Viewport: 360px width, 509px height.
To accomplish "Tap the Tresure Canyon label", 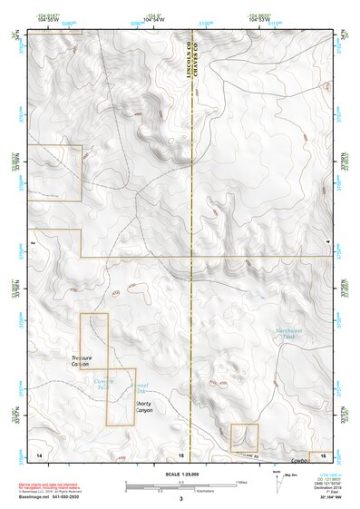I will point(83,361).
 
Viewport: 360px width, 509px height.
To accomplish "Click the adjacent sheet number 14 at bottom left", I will point(38,452).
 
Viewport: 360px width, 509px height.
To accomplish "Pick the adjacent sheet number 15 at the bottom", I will point(181,452).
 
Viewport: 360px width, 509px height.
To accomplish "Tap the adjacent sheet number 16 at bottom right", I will point(324,452).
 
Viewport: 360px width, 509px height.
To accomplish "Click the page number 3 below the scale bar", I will point(180,498).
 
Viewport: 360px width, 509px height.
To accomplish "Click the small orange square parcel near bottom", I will point(244,436).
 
